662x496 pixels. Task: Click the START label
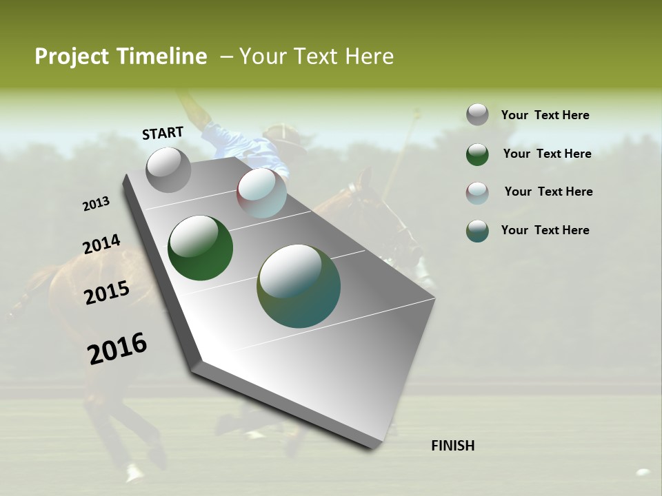[163, 133]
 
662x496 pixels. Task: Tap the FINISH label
[452, 446]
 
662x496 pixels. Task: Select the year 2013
[97, 204]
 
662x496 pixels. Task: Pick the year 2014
[102, 245]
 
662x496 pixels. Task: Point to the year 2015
[107, 293]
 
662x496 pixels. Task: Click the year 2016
[117, 348]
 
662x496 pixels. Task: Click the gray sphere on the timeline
[168, 169]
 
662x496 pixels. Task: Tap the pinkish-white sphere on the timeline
[261, 193]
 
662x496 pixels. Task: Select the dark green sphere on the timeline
[200, 248]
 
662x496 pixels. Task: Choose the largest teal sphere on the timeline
[299, 286]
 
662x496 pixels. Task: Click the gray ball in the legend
[477, 114]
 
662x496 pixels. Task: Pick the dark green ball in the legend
[477, 154]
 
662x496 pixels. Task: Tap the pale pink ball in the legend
[477, 193]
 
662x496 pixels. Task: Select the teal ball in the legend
[477, 231]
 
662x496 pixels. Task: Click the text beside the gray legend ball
[545, 115]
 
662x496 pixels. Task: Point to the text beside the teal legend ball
[545, 230]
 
